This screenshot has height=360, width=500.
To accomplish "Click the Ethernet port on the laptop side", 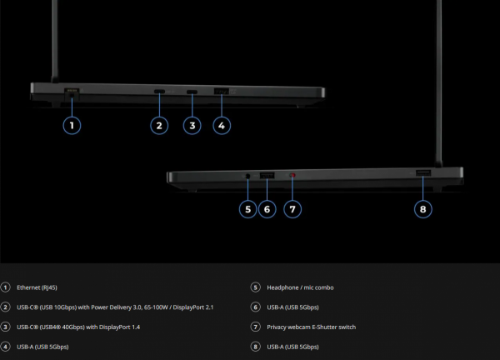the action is point(72,93).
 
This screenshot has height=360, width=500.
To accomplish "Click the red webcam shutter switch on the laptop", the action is point(292,175).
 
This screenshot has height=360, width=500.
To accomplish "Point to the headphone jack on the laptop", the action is point(247,176).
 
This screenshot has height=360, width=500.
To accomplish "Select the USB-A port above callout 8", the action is point(423,172).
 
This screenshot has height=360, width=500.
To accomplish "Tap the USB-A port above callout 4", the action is point(222,92).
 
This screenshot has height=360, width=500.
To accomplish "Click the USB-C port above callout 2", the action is point(159,92).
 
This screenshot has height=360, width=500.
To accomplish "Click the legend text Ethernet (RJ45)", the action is point(37,287).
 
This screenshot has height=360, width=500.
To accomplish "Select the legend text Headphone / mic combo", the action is point(300,287).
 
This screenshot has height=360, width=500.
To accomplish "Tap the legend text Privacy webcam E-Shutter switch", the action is point(311,327).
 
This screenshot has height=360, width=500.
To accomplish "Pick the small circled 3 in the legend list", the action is point(5,327).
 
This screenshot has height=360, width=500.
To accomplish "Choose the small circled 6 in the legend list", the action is point(255,307).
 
